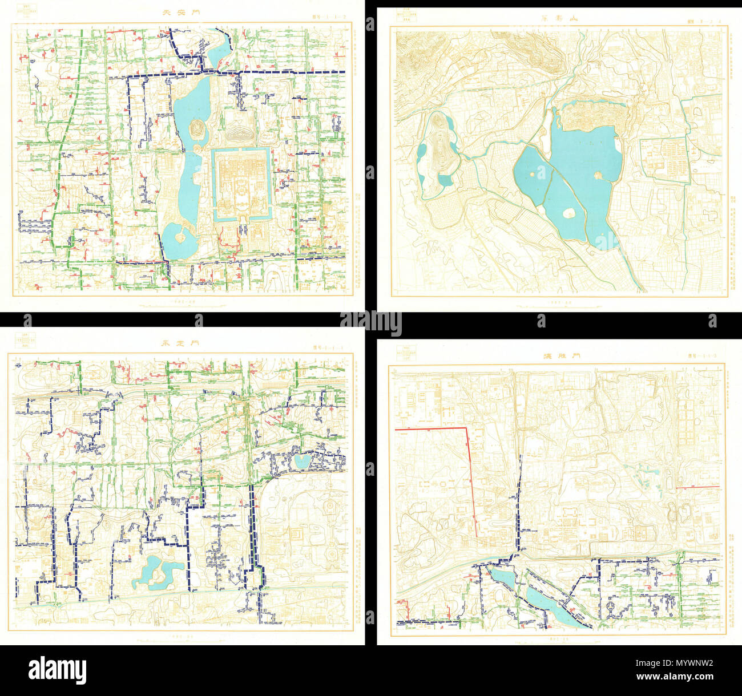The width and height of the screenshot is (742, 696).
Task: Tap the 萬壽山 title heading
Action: click(x=560, y=19)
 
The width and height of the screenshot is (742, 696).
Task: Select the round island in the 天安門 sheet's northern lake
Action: click(x=197, y=127)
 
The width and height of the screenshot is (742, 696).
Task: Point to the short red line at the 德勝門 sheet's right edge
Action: click(x=697, y=487)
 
